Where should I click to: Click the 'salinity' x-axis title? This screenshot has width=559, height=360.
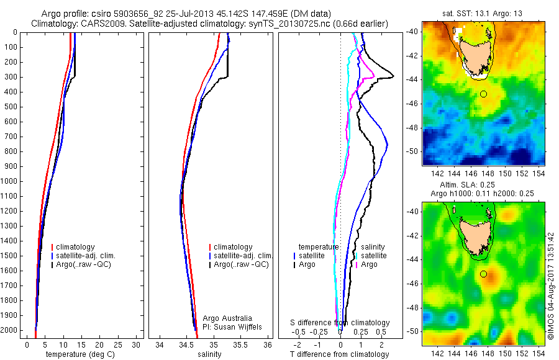(209, 354)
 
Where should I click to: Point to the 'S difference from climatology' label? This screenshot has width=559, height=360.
(340, 323)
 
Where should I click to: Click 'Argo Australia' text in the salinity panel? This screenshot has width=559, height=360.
(229, 318)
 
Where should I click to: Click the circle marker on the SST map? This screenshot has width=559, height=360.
(484, 94)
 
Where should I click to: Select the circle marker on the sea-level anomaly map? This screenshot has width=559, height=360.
(484, 274)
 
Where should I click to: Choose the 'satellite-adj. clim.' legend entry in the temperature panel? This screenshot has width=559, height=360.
(86, 256)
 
